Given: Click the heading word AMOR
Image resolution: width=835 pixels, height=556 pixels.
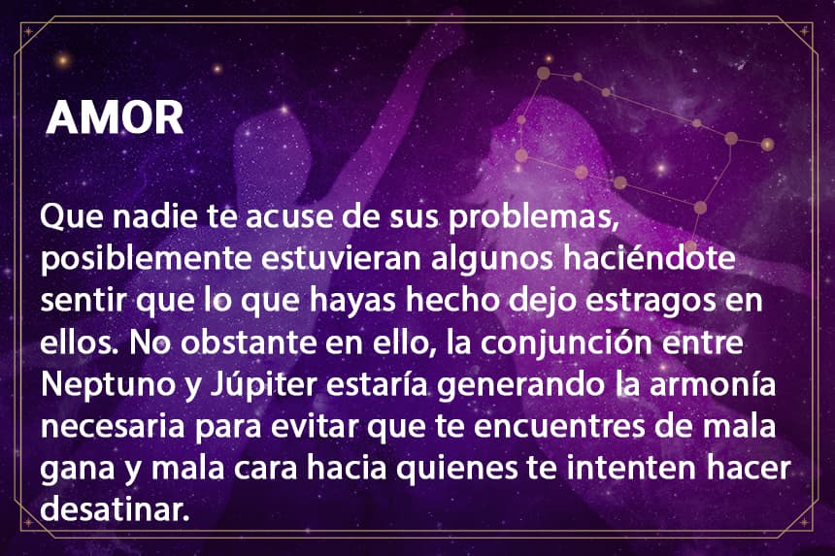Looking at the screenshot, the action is coord(115,117).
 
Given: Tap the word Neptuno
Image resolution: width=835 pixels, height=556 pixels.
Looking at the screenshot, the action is coord(108,385).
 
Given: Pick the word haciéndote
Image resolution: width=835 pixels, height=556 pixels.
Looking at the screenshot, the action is coord(650,257).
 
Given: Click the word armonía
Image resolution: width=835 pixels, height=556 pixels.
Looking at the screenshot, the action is coord(712,384).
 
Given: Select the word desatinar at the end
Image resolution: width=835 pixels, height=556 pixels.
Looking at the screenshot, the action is coord(115,509).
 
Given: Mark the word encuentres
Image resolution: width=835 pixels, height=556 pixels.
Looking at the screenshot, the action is coord(559,427).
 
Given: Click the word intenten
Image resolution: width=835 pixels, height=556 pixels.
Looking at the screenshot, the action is coord(630,469).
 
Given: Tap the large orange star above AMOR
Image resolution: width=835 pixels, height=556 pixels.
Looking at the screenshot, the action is coord(63,60).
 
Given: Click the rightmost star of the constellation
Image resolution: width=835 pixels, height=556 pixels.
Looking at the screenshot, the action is coord(767,145).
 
